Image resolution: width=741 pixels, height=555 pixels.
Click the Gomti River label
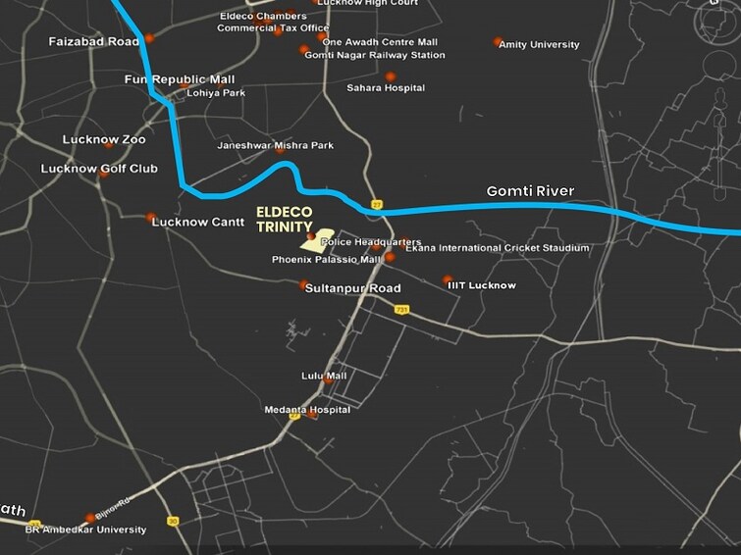coord(530,191)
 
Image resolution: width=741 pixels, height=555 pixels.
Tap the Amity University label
coord(539,45)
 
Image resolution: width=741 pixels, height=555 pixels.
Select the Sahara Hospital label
coord(386,88)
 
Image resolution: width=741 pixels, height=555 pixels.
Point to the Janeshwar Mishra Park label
coord(275,146)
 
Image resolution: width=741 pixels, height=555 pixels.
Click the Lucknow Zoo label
coord(104,140)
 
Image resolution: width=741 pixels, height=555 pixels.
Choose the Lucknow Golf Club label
coord(99,169)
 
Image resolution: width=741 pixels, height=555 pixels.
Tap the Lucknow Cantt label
coord(198,223)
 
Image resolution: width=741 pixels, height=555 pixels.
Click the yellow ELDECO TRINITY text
coord(285,220)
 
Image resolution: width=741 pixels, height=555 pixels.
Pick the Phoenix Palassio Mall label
coord(327,261)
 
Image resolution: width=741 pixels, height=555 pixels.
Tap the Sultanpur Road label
coord(353,289)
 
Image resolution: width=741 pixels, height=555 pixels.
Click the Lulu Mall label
coord(324,376)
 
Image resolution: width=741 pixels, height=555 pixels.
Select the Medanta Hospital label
coord(307,410)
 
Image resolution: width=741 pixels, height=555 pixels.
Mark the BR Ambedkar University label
coord(85,530)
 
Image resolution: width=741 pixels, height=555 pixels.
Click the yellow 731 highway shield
coord(401,309)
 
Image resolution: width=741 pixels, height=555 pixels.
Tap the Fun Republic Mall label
coord(180,79)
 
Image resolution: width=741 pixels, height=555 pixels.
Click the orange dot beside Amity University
coord(498,42)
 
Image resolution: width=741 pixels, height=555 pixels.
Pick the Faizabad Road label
coord(93,42)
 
